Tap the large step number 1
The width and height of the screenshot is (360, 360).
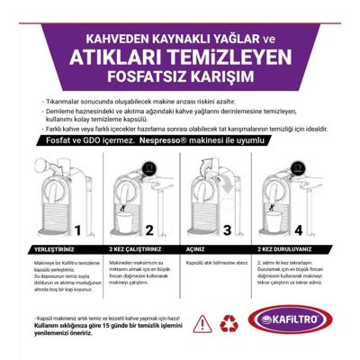pos(78,230)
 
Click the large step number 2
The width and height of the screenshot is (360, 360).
pos(149,230)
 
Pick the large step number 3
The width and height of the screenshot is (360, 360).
pos(228,230)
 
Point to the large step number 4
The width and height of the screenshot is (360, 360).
pos(298,230)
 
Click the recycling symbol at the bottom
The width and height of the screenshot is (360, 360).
pos(230,319)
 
